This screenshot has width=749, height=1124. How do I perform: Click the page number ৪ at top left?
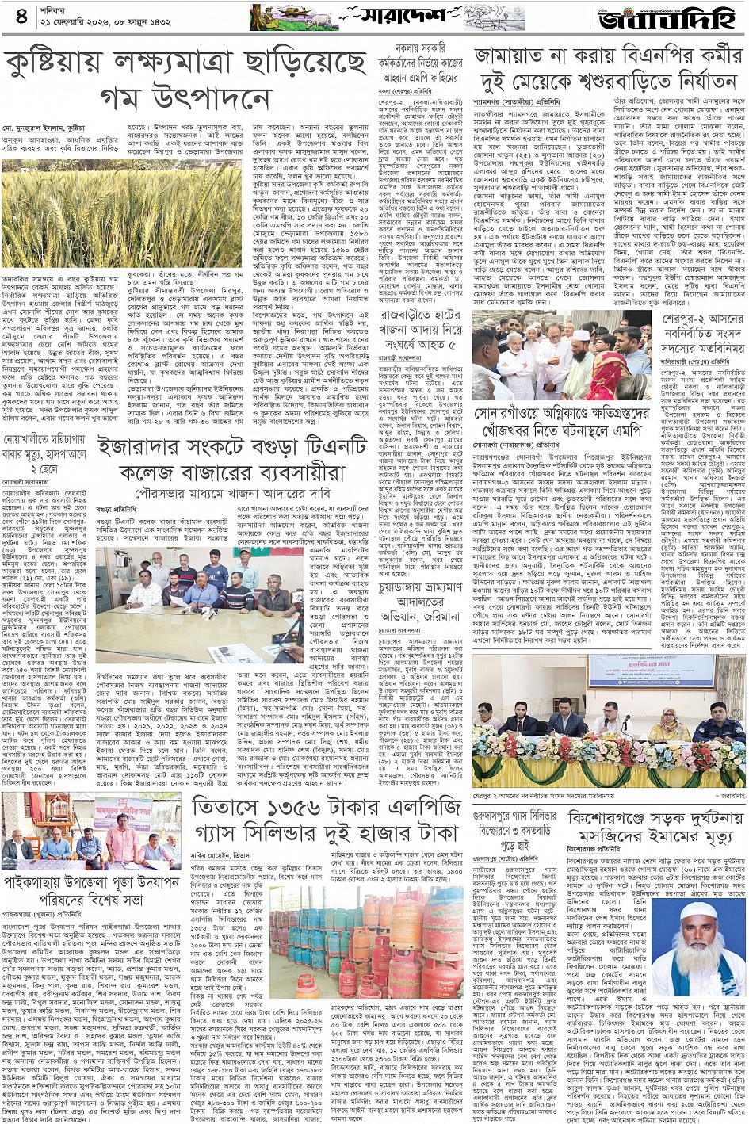coord(21,16)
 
